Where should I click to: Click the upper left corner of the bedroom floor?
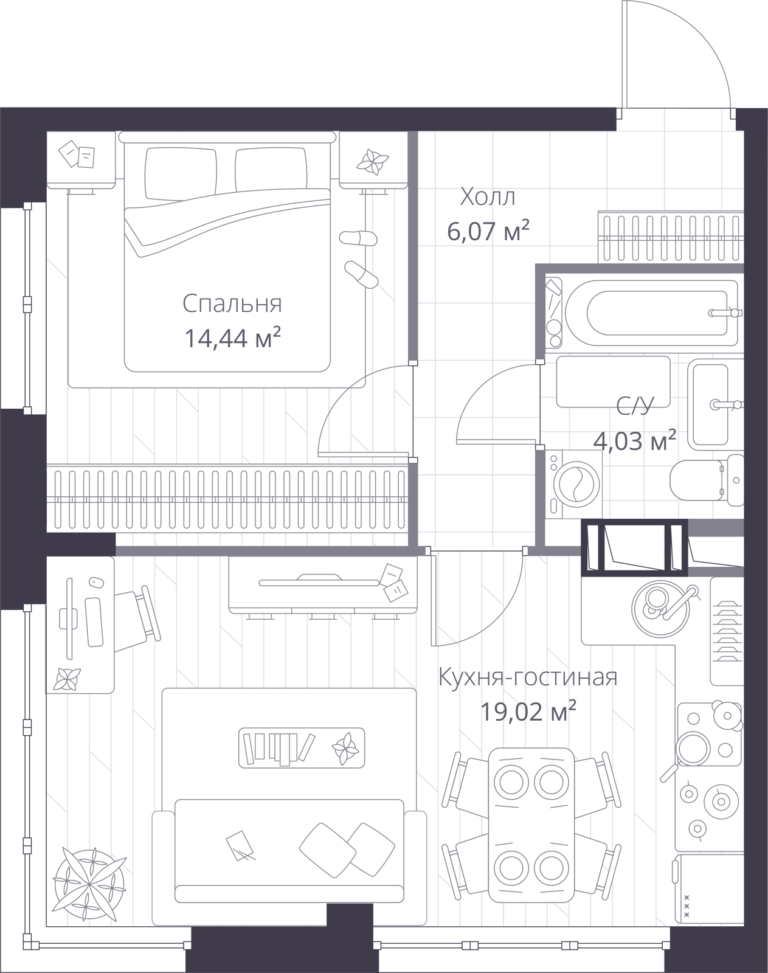coord(47,131)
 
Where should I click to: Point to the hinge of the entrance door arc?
coord(733,109)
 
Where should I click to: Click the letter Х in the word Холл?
coord(468,198)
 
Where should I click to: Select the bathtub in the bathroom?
coord(651,313)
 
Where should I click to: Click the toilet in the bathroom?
coord(706,480)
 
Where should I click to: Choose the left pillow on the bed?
coord(181,174)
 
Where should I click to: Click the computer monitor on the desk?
coord(69,618)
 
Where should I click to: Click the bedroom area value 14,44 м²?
coord(234,338)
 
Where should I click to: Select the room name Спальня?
coord(232,304)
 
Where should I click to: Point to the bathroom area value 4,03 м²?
coord(635,441)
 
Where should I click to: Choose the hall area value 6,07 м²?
coord(488,231)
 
